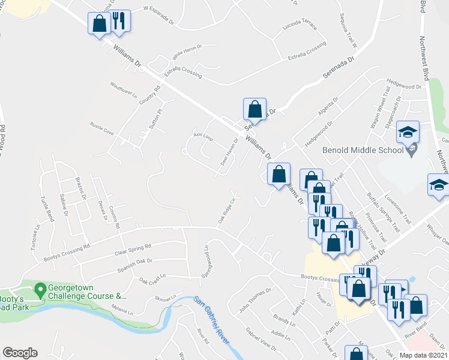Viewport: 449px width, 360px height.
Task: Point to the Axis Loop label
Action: pos(203,136)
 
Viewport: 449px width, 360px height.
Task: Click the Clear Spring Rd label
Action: pos(132,248)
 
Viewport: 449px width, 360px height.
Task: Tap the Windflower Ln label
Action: pos(124,90)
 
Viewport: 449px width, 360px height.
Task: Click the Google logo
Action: pos(20,352)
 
